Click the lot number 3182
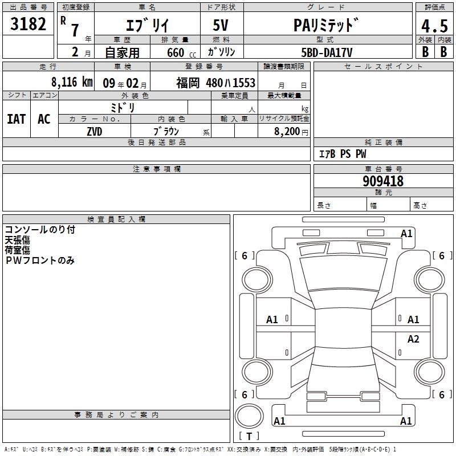tap(28, 24)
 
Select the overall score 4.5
tap(434, 26)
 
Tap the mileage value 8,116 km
tap(72, 82)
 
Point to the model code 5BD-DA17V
tap(327, 52)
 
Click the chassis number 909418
tap(383, 181)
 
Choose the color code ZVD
tap(95, 132)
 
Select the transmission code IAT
tap(17, 119)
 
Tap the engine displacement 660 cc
tap(181, 52)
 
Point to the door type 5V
tap(221, 25)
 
